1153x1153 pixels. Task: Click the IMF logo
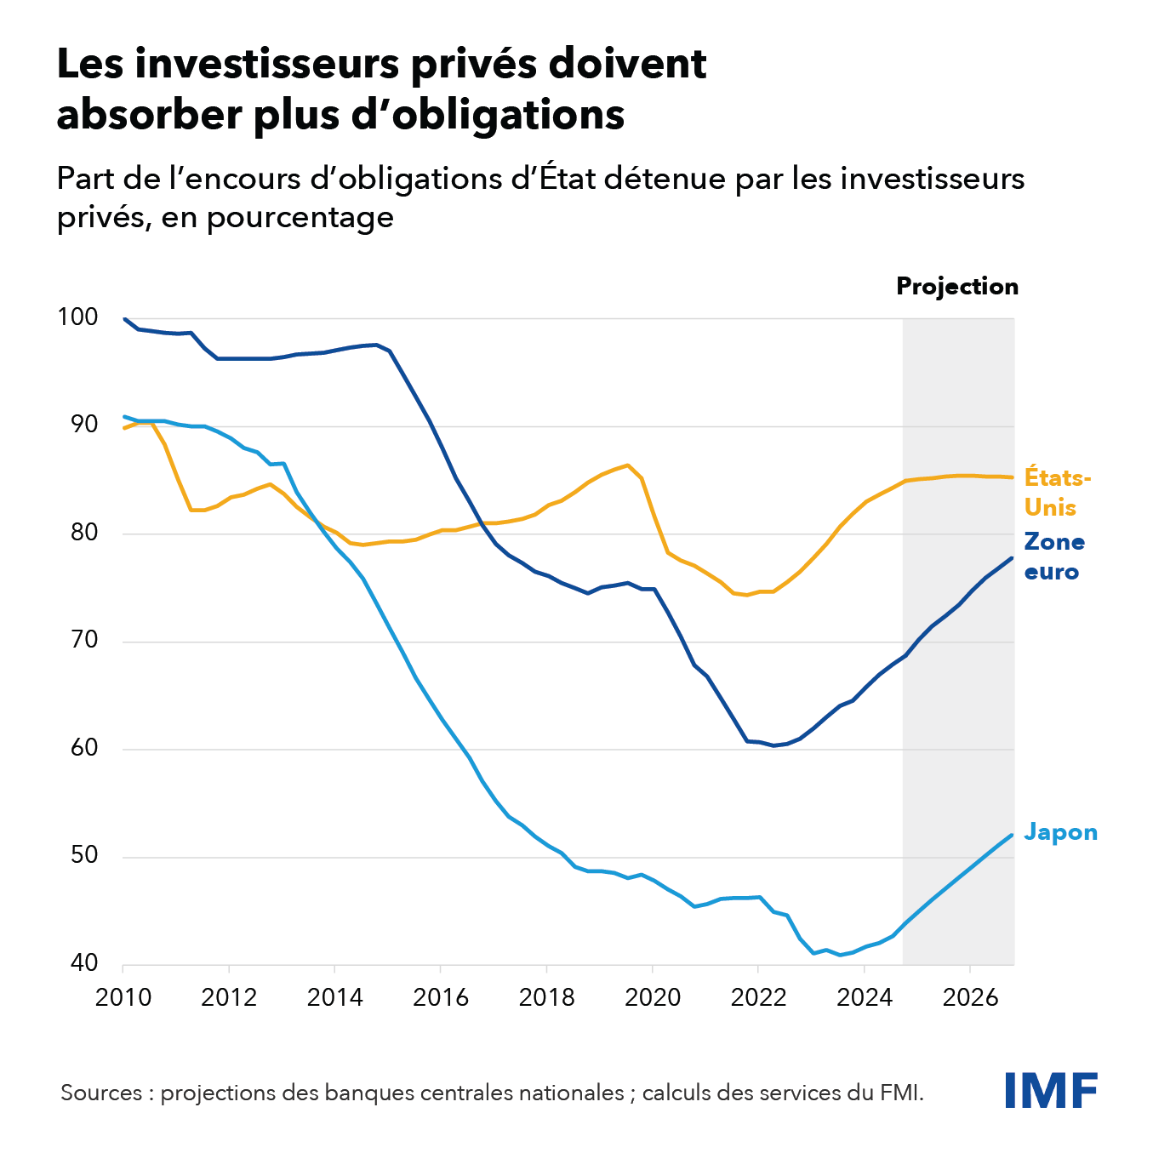1051,1090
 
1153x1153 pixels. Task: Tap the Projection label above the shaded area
957,287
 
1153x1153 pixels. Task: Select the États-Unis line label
1057,492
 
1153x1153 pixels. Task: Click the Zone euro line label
1054,557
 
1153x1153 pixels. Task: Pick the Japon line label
1060,831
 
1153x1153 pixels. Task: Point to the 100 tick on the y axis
77,317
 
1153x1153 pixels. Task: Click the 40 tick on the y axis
84,963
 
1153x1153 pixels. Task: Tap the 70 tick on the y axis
84,640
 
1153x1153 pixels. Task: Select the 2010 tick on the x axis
123,997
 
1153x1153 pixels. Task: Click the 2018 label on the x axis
546,997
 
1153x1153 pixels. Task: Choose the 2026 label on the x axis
969,997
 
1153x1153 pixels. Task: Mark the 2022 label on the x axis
758,997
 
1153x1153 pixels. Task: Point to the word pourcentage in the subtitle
300,217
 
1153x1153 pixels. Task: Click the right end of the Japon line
1013,835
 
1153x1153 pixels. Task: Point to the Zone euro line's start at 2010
125,319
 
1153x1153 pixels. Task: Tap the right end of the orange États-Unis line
1013,477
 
